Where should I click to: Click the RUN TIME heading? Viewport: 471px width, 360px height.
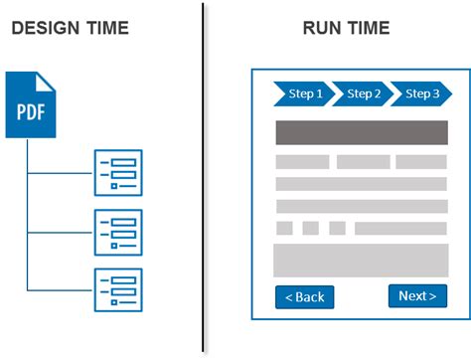pyautogui.click(x=347, y=28)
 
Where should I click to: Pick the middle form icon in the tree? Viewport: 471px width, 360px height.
pyautogui.click(x=118, y=232)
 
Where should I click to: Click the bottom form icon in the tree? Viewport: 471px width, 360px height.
pyautogui.click(x=118, y=290)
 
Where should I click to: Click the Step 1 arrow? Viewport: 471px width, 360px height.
pyautogui.click(x=302, y=94)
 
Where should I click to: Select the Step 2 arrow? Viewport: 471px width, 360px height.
pyautogui.click(x=361, y=94)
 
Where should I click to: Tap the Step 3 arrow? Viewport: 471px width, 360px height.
pyautogui.click(x=419, y=94)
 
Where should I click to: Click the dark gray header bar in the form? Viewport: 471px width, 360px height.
pyautogui.click(x=360, y=132)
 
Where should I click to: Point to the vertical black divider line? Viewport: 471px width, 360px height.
pyautogui.click(x=204, y=179)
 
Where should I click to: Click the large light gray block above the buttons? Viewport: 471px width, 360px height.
pyautogui.click(x=360, y=260)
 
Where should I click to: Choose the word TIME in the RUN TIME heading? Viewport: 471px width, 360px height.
pyautogui.click(x=368, y=28)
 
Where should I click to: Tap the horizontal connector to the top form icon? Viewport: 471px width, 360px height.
pyautogui.click(x=60, y=173)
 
